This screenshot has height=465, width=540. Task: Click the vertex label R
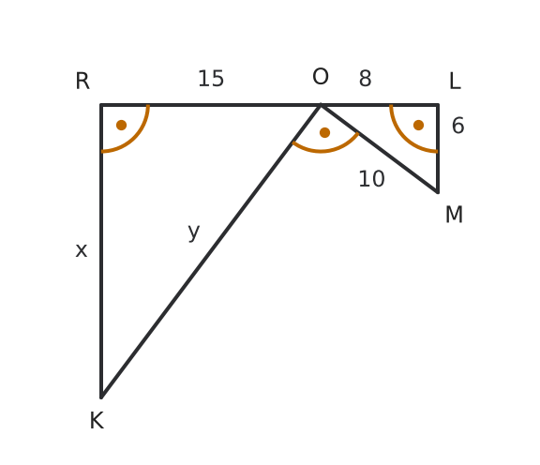(82, 82)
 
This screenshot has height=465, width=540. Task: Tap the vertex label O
(321, 77)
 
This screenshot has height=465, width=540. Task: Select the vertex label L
(455, 82)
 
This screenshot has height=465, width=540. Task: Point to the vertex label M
(454, 215)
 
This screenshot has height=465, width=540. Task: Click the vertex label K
(97, 421)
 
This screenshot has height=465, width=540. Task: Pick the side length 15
(211, 79)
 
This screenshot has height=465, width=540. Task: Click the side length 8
(365, 79)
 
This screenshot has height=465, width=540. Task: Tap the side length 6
(457, 126)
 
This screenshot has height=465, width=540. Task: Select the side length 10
(371, 179)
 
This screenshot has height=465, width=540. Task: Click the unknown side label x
(82, 250)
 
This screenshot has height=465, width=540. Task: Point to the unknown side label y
(194, 232)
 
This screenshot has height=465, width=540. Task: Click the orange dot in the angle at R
(121, 125)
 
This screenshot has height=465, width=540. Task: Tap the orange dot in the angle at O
(324, 132)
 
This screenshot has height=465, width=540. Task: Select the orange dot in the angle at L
(418, 125)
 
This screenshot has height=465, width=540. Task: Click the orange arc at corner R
(135, 138)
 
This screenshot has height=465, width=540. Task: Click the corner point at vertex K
(101, 397)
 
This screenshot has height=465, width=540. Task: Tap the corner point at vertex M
(438, 192)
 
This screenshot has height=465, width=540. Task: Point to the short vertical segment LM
(438, 148)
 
